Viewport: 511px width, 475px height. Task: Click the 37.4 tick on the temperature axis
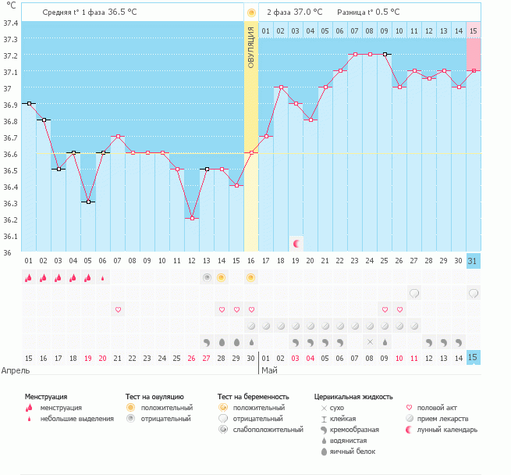click(10, 23)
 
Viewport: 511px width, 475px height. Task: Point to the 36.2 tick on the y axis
click(10, 220)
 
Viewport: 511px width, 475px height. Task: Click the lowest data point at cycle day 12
click(192, 219)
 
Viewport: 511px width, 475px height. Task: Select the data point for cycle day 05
click(88, 202)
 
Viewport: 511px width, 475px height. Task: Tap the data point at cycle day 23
click(355, 55)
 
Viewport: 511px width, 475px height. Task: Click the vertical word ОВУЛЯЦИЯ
click(251, 47)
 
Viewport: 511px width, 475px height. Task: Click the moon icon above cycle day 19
click(296, 244)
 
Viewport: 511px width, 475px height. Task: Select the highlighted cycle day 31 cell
click(474, 261)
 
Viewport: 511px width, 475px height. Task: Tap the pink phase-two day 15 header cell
click(474, 30)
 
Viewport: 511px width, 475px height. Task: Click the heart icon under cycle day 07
click(118, 309)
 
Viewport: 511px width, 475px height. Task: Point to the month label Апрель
click(16, 370)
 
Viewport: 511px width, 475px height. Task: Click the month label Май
click(269, 370)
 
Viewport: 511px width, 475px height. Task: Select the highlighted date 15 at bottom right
click(474, 358)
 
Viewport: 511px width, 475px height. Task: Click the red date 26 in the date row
click(192, 358)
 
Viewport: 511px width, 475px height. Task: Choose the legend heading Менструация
click(51, 397)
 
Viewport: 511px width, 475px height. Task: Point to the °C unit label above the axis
click(10, 6)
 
